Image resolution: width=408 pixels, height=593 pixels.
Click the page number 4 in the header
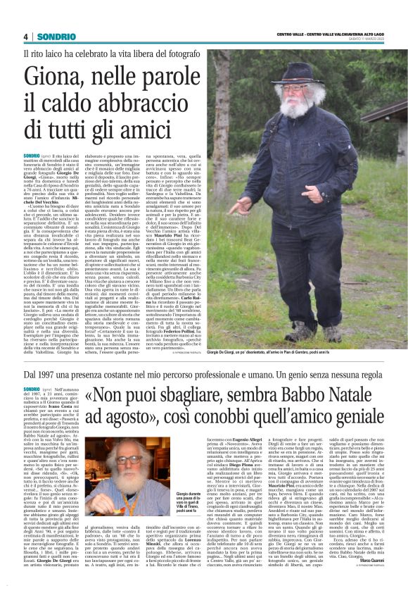25,36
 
